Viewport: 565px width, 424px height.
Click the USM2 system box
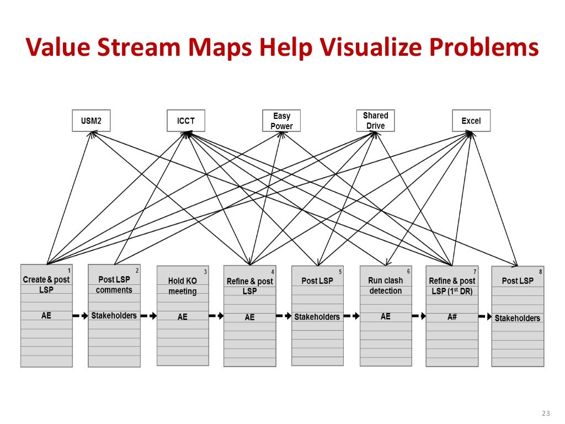point(91,121)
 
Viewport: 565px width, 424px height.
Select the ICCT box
point(185,121)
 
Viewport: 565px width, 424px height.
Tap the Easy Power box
point(281,121)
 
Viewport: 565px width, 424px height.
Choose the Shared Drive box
point(375,120)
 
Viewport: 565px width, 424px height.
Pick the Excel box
point(471,121)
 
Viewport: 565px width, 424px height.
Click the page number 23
point(546,414)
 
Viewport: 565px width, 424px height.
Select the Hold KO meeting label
point(182,286)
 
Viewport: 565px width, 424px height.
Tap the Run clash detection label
point(385,285)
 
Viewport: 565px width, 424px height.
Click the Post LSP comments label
point(114,285)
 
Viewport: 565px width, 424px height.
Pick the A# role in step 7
point(452,317)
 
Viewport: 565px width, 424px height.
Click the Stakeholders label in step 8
point(517,318)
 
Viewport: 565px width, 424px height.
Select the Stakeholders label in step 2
point(114,316)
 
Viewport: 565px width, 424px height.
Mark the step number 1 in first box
point(69,271)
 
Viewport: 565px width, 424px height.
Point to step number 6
point(408,271)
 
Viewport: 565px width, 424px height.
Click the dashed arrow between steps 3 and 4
point(216,316)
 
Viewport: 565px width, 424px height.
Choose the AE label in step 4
point(249,317)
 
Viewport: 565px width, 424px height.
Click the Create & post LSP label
point(46,284)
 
